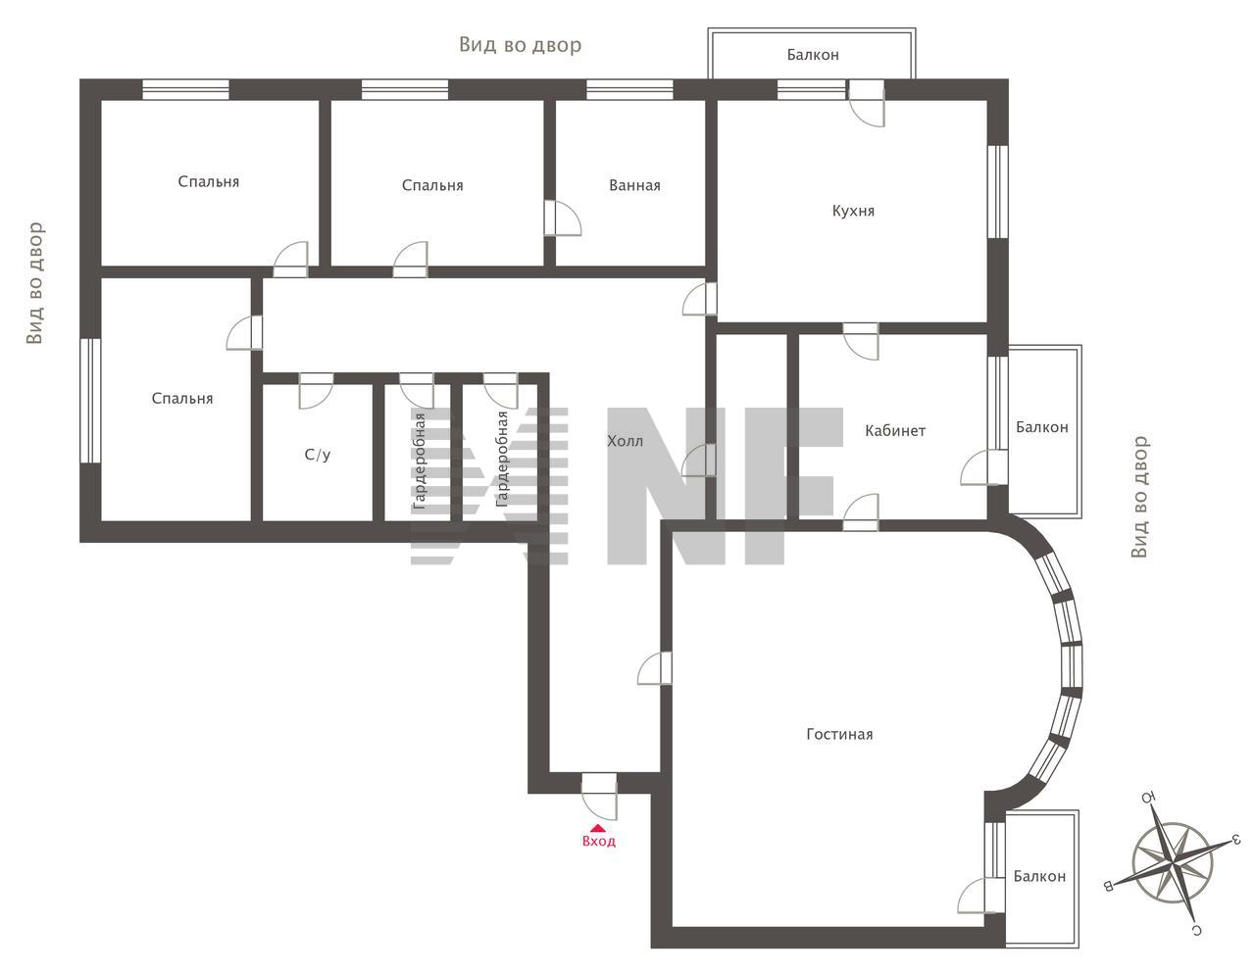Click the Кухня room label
pos(853,211)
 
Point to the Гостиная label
pos(839,734)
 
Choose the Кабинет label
pos(894,430)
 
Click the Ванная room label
pos(634,185)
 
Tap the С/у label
pos(317,455)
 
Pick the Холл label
pos(625,441)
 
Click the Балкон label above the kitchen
pos(813,55)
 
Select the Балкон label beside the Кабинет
pos(1042,427)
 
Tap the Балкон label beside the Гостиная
pos(1039,876)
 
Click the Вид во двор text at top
pos(520,44)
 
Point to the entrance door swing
pos(599,797)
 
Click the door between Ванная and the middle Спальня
pos(563,219)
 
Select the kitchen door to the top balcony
pos(867,104)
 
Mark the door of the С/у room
pos(316,391)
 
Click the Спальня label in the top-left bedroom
pos(208,182)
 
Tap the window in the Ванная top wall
pos(629,90)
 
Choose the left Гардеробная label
pos(420,462)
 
